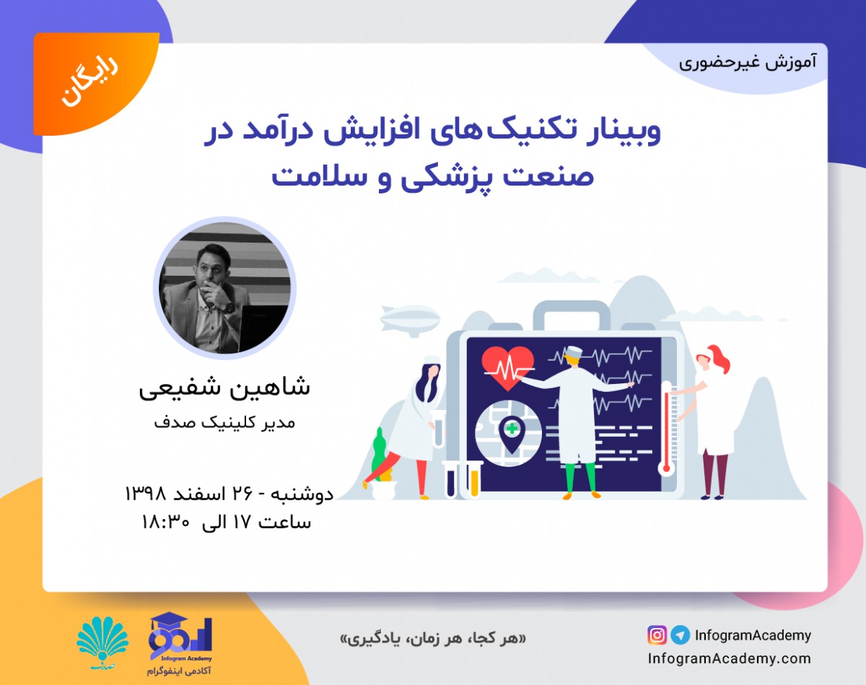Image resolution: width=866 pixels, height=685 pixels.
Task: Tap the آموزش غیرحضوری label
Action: pos(748,61)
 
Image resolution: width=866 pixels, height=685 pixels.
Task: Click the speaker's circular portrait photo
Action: pos(224,287)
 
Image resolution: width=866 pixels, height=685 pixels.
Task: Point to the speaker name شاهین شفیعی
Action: pos(224,388)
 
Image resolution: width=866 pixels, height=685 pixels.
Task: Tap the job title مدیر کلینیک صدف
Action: pos(224,423)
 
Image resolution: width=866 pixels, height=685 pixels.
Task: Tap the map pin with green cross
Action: pos(511,432)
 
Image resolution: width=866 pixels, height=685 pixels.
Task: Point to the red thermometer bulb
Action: pos(667,468)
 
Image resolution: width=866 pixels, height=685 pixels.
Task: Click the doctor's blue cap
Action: pos(574,352)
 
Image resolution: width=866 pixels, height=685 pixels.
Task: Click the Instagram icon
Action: pos(657,635)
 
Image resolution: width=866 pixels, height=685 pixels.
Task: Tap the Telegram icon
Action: pos(679,635)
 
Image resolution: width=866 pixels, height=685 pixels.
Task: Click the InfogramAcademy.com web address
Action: pos(729,658)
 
